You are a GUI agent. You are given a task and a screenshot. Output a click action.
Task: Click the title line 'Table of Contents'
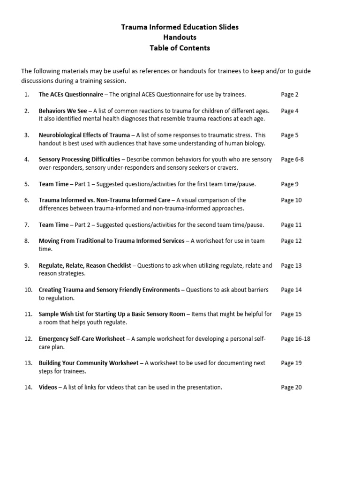(180, 48)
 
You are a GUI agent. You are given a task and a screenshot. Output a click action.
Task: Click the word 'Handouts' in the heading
(180, 37)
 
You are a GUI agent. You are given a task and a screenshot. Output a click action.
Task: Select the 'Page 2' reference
(290, 95)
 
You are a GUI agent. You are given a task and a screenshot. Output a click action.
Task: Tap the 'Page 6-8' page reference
(292, 159)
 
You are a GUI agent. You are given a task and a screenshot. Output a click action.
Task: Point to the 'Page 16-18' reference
(295, 338)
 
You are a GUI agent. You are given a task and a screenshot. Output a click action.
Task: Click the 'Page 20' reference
(292, 387)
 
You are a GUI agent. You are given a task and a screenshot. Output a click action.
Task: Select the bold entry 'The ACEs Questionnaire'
(71, 95)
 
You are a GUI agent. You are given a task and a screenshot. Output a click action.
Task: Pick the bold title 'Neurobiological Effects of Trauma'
(84, 135)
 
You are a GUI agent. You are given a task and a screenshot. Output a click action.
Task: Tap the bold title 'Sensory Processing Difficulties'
(79, 159)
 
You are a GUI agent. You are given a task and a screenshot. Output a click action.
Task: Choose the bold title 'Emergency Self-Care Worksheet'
(82, 338)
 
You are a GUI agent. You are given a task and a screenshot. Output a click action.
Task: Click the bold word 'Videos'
(48, 387)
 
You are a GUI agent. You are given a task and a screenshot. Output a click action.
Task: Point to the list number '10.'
(28, 290)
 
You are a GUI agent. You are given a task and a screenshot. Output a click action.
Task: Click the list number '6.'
(27, 200)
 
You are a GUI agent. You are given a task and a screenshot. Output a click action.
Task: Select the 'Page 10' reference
(292, 200)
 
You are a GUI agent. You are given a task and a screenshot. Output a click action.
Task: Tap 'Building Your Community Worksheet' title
(89, 363)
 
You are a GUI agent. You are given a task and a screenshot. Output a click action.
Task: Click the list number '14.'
(28, 387)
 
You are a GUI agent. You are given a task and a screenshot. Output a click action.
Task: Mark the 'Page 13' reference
(292, 265)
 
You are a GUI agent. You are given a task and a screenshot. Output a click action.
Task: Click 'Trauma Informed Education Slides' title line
(180, 27)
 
